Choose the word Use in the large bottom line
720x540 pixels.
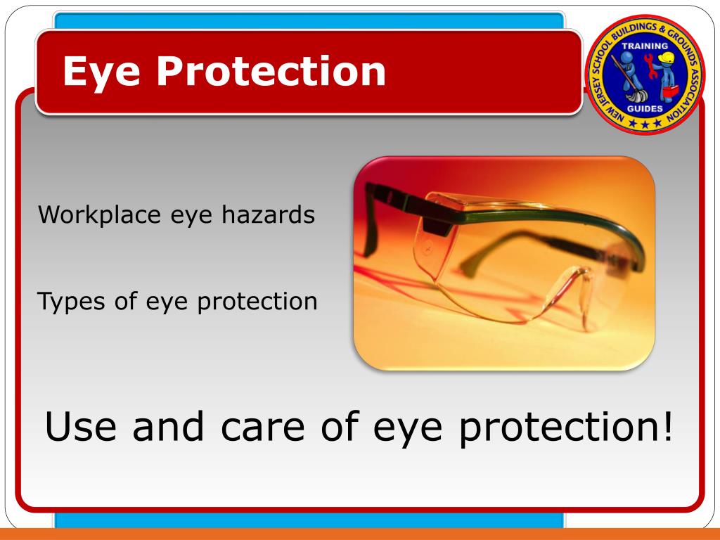coord(82,427)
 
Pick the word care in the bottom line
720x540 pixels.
coord(252,427)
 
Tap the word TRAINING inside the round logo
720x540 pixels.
coord(645,46)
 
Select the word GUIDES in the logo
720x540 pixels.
coord(645,108)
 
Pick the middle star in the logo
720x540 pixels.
coord(645,124)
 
